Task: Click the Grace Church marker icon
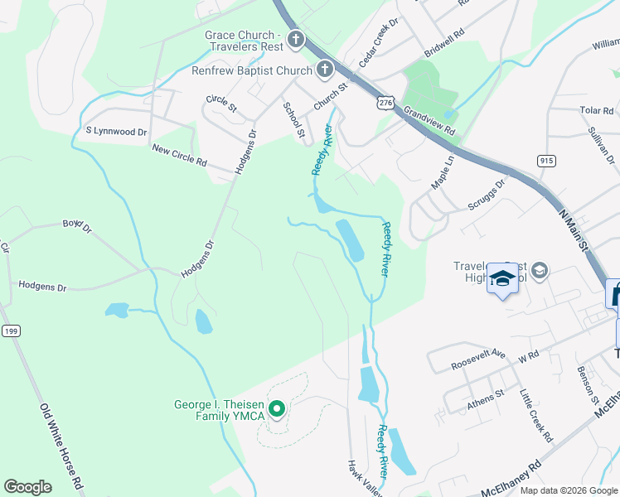click(x=296, y=40)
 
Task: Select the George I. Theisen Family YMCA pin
click(x=279, y=408)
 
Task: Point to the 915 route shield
click(x=545, y=160)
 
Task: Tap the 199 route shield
click(x=10, y=331)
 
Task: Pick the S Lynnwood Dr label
click(x=116, y=131)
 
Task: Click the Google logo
click(x=27, y=487)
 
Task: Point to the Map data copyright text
click(x=568, y=490)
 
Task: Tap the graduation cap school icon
click(x=501, y=279)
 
